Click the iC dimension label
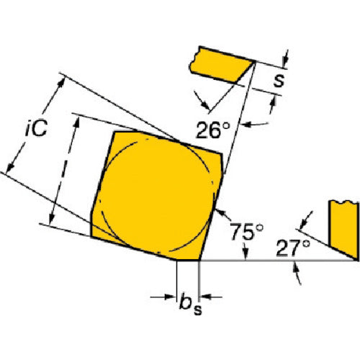pyautogui.click(x=36, y=128)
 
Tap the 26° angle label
pyautogui.click(x=213, y=130)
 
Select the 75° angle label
pyautogui.click(x=246, y=232)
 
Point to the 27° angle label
pyautogui.click(x=293, y=248)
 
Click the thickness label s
pyautogui.click(x=279, y=80)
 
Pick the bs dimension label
pyautogui.click(x=191, y=304)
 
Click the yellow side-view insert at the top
pyautogui.click(x=222, y=64)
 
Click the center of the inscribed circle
pyautogui.click(x=157, y=195)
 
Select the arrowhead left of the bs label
pyautogui.click(x=170, y=297)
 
